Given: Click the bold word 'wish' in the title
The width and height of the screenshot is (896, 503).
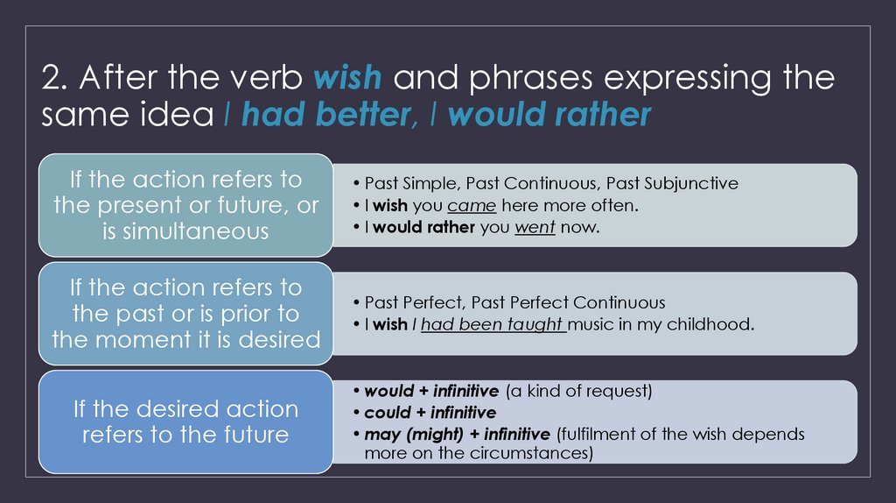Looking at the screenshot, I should [346, 78].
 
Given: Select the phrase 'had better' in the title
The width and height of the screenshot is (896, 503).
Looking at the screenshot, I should [323, 115].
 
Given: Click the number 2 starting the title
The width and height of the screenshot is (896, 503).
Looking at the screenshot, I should [52, 79].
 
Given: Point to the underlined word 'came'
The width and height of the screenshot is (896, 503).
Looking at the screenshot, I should [472, 206].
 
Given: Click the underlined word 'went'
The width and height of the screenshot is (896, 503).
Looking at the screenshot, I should [535, 228].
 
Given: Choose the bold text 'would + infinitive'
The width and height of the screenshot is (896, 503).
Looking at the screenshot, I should [431, 391].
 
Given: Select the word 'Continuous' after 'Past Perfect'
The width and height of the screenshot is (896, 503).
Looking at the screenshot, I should [619, 302].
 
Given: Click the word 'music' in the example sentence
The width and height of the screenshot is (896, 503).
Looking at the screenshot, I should [594, 324].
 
